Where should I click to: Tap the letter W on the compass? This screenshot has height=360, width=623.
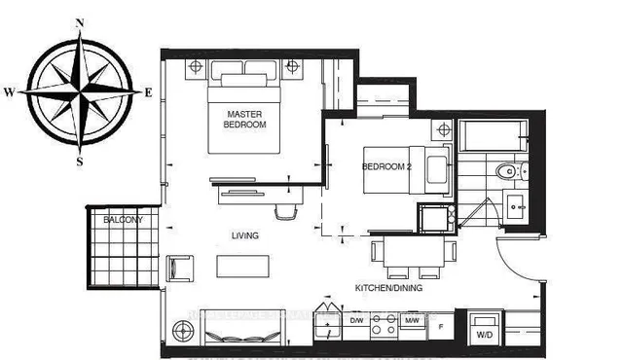click(9, 92)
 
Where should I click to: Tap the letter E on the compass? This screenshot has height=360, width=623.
click(148, 92)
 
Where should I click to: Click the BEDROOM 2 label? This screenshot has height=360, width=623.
click(385, 165)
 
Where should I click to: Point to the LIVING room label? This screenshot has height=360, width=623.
click(244, 235)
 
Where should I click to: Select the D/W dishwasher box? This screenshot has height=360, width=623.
click(356, 320)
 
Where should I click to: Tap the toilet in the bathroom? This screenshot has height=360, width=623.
click(507, 173)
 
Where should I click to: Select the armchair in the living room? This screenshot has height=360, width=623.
click(180, 269)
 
